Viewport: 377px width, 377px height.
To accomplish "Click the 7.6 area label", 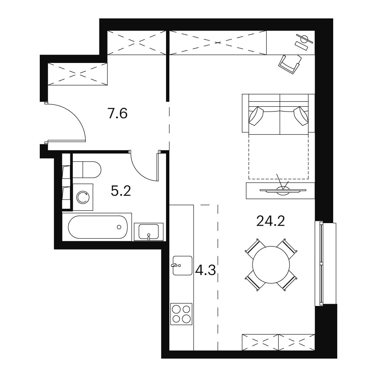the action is [x=117, y=113].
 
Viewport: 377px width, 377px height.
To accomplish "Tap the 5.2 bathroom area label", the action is [x=121, y=191].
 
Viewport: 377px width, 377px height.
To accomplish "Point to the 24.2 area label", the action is [x=271, y=221].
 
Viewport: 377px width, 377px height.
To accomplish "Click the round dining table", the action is [x=271, y=265].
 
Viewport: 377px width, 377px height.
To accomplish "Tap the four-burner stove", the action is [x=182, y=314].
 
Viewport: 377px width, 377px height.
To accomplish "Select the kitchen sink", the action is [x=182, y=265].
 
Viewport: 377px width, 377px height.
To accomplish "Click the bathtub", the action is [x=97, y=227].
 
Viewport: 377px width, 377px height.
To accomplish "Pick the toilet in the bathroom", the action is [x=87, y=169].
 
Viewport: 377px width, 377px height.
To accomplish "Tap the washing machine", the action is [x=83, y=197].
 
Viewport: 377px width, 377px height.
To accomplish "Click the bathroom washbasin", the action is [x=149, y=232].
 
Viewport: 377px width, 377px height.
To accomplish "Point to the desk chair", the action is [x=290, y=64].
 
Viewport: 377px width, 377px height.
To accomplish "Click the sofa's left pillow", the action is [x=256, y=116].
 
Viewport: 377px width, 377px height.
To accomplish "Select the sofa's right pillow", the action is [x=301, y=116].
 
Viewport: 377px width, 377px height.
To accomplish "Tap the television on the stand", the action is [x=283, y=190].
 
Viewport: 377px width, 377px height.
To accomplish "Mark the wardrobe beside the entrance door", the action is [x=77, y=74].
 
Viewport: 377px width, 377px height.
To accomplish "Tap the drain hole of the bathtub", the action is [x=119, y=227].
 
